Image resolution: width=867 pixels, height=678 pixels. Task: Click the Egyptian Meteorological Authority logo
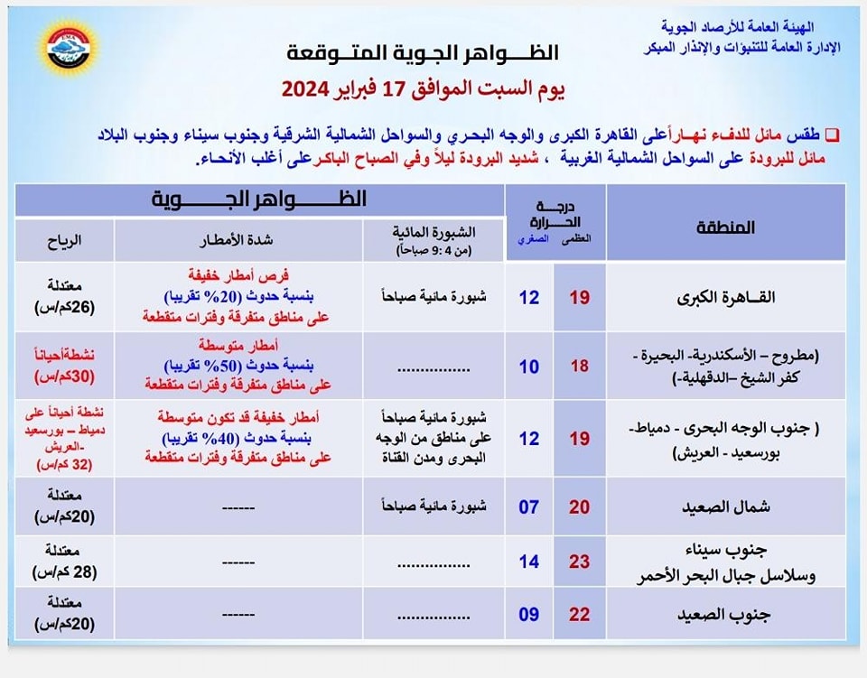point(69,46)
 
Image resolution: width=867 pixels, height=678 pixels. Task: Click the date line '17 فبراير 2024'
point(423,88)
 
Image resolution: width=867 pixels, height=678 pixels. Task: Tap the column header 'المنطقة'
point(725,228)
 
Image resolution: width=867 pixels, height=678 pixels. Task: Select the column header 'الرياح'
point(64,241)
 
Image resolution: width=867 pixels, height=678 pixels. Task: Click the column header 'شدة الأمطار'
point(238,241)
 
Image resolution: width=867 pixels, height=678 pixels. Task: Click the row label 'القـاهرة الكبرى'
point(725,297)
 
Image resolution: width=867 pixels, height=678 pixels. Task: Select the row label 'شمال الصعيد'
point(725,506)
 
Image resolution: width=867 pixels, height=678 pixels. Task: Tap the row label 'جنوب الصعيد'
point(725,614)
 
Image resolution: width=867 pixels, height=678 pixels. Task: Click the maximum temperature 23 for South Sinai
point(579,561)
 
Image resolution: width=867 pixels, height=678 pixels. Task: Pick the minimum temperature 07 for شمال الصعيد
point(528,506)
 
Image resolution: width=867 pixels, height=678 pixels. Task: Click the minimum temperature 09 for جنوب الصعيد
point(528,614)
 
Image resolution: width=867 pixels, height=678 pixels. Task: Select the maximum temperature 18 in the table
point(579,367)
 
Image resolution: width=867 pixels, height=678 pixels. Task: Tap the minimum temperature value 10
point(528,367)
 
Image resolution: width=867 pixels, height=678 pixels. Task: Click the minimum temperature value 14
point(528,561)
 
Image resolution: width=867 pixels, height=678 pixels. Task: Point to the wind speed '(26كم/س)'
point(64,305)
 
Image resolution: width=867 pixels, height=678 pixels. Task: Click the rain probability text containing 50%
point(238,365)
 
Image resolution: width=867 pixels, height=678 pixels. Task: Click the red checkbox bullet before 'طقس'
point(833,134)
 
